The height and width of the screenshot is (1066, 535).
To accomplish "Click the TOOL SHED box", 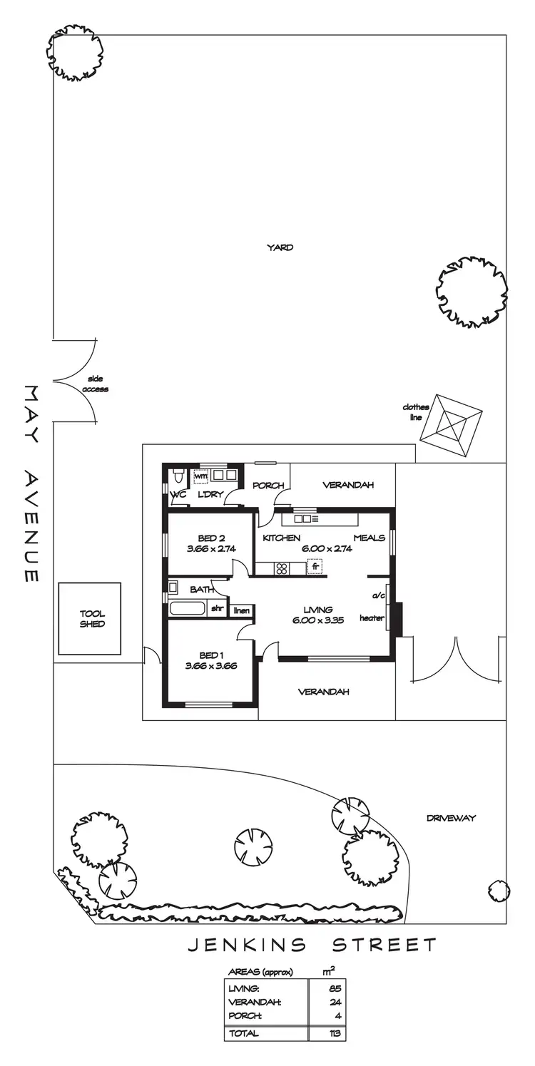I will click(91, 618).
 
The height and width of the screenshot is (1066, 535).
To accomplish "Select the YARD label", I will click(280, 247).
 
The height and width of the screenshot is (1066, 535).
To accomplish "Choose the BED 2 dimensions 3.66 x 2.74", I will click(211, 548).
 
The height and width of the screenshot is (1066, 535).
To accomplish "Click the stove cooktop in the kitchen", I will click(282, 568).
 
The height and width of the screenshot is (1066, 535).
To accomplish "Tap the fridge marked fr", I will click(315, 567).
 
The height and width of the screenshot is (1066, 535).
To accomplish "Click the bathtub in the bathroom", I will click(188, 609).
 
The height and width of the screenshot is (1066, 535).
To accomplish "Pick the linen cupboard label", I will click(242, 610).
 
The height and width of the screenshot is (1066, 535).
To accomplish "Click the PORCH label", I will click(268, 486).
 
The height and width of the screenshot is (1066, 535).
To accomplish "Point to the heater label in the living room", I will click(372, 617).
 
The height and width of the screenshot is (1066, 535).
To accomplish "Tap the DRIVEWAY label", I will click(451, 818).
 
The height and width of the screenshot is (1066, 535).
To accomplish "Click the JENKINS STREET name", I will click(312, 945).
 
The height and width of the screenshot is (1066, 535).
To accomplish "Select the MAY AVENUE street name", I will click(31, 484).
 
